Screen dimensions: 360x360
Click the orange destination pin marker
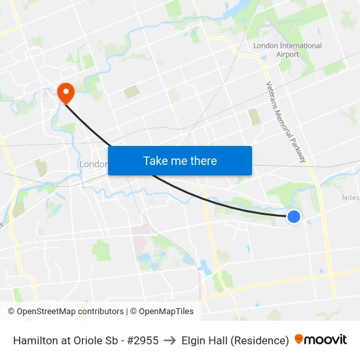tap(65, 92)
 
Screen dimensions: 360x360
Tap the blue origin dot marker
tap(294, 216)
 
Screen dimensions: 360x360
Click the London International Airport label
tap(287, 50)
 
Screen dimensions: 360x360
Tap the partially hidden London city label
tap(93, 164)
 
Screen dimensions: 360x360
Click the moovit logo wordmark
tap(325, 340)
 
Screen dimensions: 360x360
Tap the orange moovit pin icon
tap(299, 339)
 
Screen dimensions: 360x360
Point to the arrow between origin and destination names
tap(170, 340)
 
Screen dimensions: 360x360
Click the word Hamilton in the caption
tap(37, 340)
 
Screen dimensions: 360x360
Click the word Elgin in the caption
tap(194, 340)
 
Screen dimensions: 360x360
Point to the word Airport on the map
tap(287, 54)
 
